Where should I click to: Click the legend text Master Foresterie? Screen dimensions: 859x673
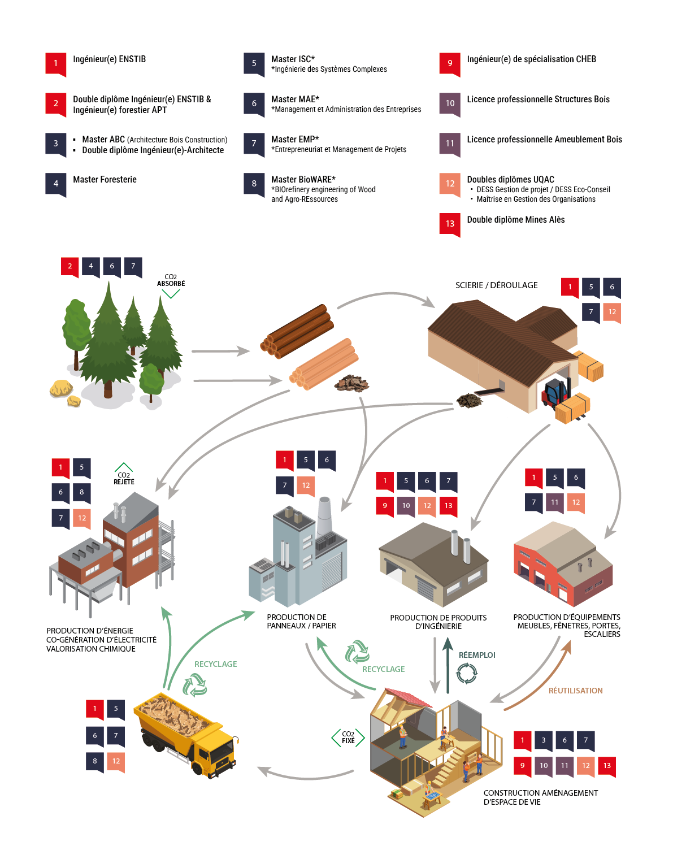[105, 180]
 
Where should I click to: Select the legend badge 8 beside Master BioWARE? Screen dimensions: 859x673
[254, 184]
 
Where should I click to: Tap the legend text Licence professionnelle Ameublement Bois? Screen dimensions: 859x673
[544, 140]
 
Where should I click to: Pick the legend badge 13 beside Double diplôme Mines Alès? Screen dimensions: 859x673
[450, 223]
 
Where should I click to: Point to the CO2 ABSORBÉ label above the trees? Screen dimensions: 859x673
[171, 281]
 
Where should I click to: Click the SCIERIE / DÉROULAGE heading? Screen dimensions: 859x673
[496, 285]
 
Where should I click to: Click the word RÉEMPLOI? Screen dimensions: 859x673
[477, 655]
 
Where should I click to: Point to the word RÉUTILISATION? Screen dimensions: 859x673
[575, 691]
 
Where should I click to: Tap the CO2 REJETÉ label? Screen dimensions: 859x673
[124, 478]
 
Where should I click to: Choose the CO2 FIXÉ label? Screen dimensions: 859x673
[348, 737]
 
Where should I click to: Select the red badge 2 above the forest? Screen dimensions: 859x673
[70, 266]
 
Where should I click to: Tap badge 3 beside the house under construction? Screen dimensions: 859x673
[543, 740]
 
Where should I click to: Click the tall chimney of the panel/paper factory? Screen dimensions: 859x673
[324, 517]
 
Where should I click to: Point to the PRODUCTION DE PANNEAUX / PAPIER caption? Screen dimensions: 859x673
[301, 622]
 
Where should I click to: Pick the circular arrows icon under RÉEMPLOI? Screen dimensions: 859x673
[467, 673]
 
